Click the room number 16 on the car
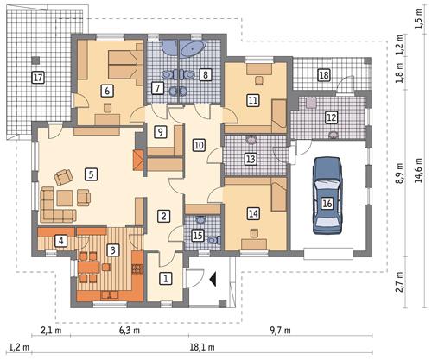click(x=327, y=203)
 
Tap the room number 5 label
click(x=90, y=173)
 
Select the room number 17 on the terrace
click(x=37, y=78)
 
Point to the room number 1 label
click(x=167, y=278)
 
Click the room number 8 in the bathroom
click(x=206, y=75)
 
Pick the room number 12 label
click(x=332, y=117)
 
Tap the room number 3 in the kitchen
click(x=112, y=249)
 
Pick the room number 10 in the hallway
click(x=199, y=146)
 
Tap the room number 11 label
click(x=252, y=100)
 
